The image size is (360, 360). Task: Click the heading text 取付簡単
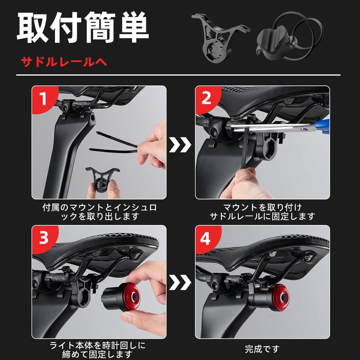83,27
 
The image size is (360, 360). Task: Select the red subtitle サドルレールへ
64,62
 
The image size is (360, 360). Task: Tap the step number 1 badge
43,99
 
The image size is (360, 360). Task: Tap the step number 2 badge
206,99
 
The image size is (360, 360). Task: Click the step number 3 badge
44,238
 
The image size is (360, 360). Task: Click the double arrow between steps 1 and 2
180,144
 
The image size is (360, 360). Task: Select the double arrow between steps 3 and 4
180,282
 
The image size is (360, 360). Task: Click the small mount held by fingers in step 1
102,179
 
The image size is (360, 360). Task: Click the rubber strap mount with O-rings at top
289,37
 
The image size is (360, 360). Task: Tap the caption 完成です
262,349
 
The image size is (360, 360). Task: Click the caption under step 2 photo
262,212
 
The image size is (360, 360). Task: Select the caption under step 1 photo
99,212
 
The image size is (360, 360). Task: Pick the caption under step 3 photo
98,350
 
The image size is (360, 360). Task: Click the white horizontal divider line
178,75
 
